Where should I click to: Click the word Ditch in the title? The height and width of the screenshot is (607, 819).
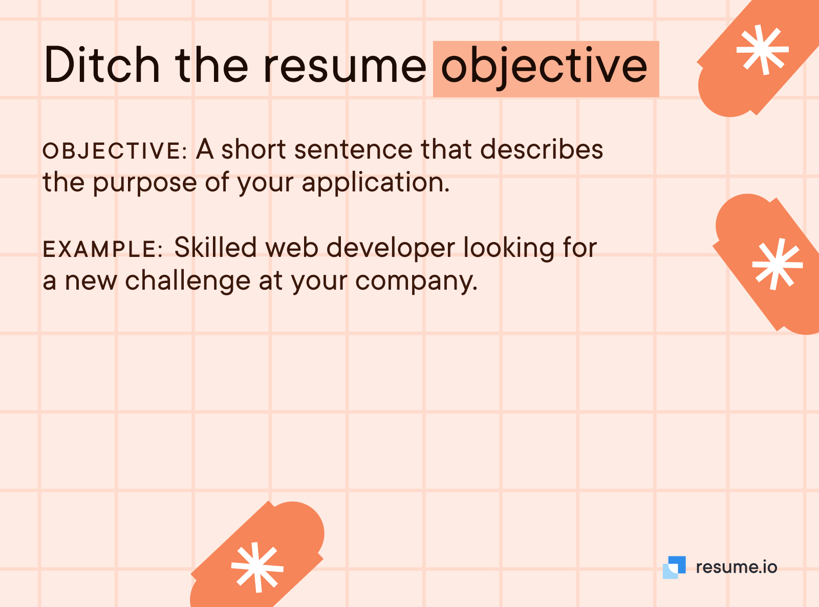tap(102, 64)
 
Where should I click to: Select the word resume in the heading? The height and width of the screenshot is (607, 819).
tap(345, 69)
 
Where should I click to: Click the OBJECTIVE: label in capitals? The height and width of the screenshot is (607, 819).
tap(115, 151)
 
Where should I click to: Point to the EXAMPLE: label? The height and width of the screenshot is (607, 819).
tap(103, 249)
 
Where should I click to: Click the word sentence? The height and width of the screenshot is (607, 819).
tap(353, 149)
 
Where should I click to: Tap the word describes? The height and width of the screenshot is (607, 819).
tap(542, 149)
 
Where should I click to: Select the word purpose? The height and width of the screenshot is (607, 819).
tap(145, 183)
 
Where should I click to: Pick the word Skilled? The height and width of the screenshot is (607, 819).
tap(215, 247)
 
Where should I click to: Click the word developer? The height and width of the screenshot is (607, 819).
tap(391, 248)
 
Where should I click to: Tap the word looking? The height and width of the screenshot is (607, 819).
tap(509, 248)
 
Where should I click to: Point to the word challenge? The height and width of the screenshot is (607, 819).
tap(187, 281)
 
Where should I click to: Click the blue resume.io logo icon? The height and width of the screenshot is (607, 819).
tap(674, 568)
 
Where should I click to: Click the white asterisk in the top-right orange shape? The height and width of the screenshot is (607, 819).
tap(763, 50)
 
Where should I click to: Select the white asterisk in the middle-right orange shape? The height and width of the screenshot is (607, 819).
tap(778, 264)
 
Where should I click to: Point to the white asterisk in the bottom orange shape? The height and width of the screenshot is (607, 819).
tap(257, 568)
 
